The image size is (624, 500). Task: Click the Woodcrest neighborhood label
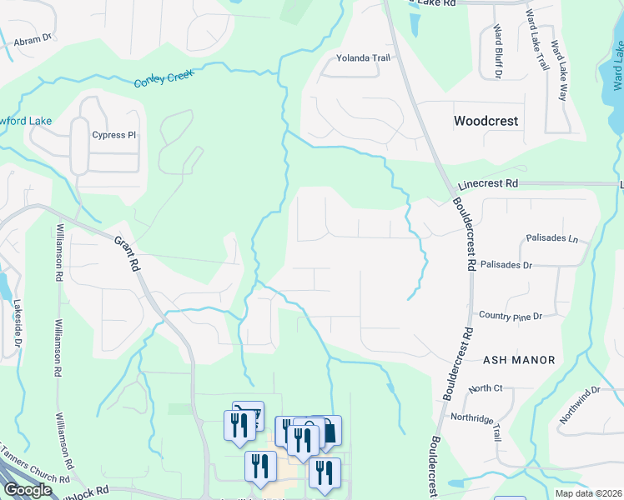486,121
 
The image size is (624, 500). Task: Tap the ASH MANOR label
519,360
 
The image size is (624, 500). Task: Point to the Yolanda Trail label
363,58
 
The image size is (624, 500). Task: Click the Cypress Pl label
114,135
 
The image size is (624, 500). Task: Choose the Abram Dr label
34,37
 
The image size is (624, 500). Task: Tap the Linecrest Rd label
488,183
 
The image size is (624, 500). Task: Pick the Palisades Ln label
552,238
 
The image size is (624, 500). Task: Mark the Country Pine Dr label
511,316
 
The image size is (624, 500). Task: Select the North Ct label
486,388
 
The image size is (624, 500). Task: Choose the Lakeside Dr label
17,325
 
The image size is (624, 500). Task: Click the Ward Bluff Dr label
498,52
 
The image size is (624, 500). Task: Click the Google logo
27,490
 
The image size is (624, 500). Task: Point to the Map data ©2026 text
587,493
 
